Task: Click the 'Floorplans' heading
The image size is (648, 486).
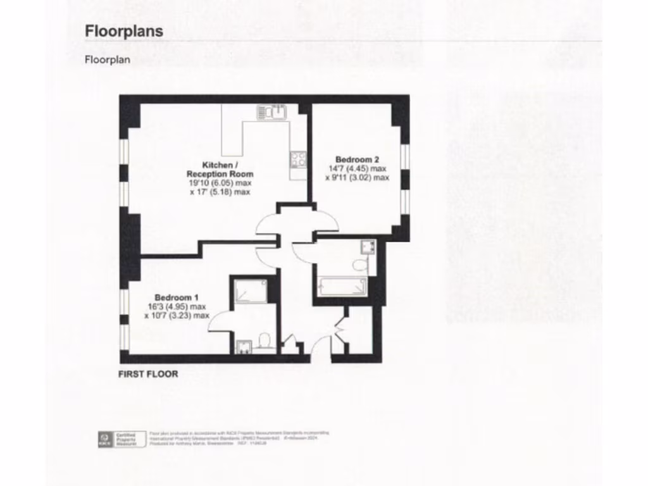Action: click(124, 31)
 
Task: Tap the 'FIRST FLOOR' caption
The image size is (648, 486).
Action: click(148, 374)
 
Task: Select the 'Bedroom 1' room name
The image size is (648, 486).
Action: click(177, 297)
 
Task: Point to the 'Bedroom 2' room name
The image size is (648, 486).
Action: click(357, 159)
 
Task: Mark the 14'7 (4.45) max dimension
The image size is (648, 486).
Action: click(357, 168)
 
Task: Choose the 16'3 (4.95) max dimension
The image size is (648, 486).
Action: click(177, 306)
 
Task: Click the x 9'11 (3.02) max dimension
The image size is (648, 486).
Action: click(357, 178)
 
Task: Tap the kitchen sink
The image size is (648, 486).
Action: click(273, 113)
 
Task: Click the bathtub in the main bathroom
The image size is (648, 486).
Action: click(342, 287)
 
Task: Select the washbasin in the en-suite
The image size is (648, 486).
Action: click(244, 346)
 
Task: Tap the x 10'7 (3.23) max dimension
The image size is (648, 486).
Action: click(177, 315)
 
